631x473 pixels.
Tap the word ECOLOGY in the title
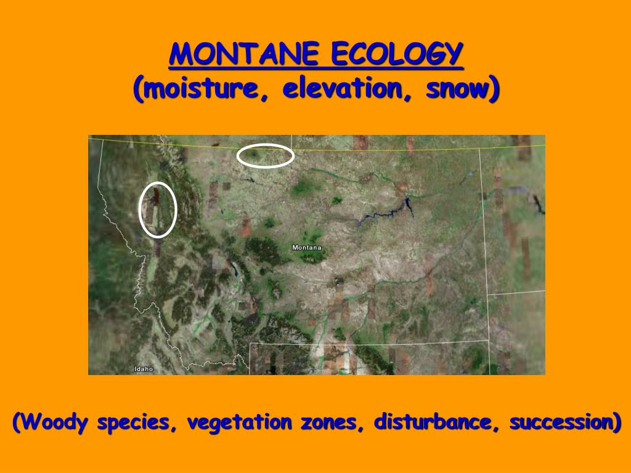(396, 55)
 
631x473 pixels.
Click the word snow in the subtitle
(456, 90)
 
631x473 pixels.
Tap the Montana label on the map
(307, 248)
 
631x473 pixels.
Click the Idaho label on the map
(144, 369)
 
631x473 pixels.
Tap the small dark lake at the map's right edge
(539, 203)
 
